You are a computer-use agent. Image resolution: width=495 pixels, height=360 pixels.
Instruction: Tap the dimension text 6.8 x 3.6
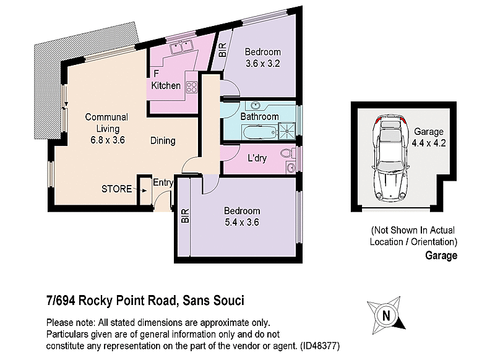[x=106, y=140]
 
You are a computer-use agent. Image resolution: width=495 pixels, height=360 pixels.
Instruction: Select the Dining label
[x=163, y=140]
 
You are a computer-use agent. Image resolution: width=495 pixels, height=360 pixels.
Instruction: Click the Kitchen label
[x=166, y=85]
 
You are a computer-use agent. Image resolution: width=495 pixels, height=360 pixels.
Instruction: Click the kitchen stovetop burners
[x=191, y=87]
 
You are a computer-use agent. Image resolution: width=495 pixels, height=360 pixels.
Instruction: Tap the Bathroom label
[x=259, y=116]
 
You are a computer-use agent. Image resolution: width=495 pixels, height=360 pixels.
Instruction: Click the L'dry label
[x=257, y=158]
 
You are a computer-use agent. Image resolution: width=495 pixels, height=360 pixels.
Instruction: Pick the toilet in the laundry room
[x=286, y=153]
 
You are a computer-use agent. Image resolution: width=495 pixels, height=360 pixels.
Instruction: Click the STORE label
[x=116, y=189]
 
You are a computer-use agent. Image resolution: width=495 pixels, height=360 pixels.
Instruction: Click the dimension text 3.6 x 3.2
[x=262, y=63]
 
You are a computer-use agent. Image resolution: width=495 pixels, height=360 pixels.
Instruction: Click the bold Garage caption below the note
[x=441, y=255]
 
